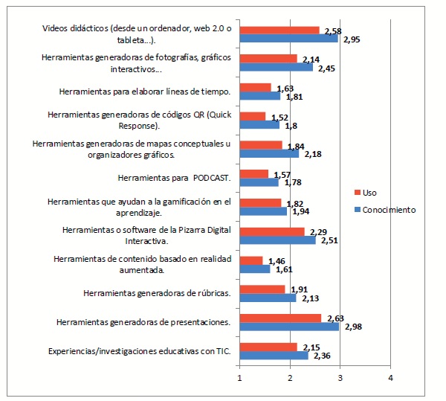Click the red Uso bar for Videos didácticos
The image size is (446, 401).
[279, 30]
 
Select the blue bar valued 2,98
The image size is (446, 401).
[289, 326]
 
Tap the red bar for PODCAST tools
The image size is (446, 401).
[253, 173]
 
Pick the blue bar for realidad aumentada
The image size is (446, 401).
[254, 269]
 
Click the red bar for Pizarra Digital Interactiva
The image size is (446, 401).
[272, 231]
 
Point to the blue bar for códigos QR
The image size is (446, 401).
[259, 124]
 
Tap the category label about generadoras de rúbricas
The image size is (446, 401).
[157, 293]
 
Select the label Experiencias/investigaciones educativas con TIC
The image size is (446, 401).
[139, 350]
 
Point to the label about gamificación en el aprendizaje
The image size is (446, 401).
[139, 206]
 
